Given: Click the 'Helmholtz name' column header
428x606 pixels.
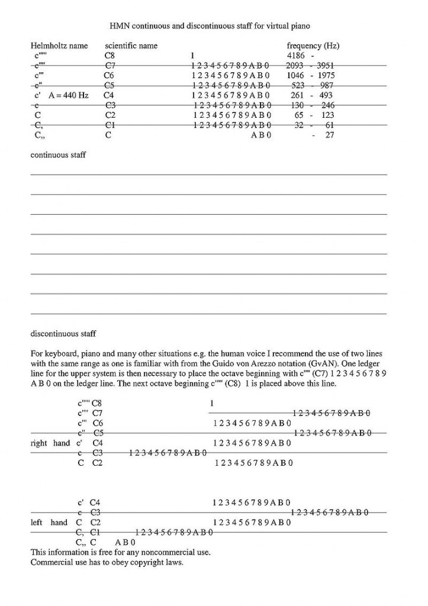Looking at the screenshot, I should tap(59, 46).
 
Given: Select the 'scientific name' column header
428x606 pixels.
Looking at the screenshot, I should tap(131, 46).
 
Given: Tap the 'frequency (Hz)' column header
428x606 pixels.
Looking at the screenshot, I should tap(313, 46).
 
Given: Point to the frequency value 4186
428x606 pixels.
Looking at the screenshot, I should tap(295, 56).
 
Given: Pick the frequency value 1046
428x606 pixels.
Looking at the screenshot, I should tap(295, 76).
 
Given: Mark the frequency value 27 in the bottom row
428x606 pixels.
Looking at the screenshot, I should tap(330, 135).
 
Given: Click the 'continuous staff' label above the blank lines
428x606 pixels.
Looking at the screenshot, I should tap(58, 155).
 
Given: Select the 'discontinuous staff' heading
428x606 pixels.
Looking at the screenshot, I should tap(63, 334).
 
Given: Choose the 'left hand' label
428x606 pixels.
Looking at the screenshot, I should tap(49, 523).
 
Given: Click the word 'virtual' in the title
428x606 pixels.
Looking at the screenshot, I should tap(272, 26).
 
